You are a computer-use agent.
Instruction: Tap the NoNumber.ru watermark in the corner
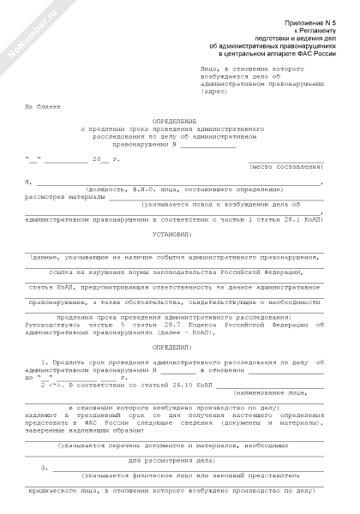point(31,39)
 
